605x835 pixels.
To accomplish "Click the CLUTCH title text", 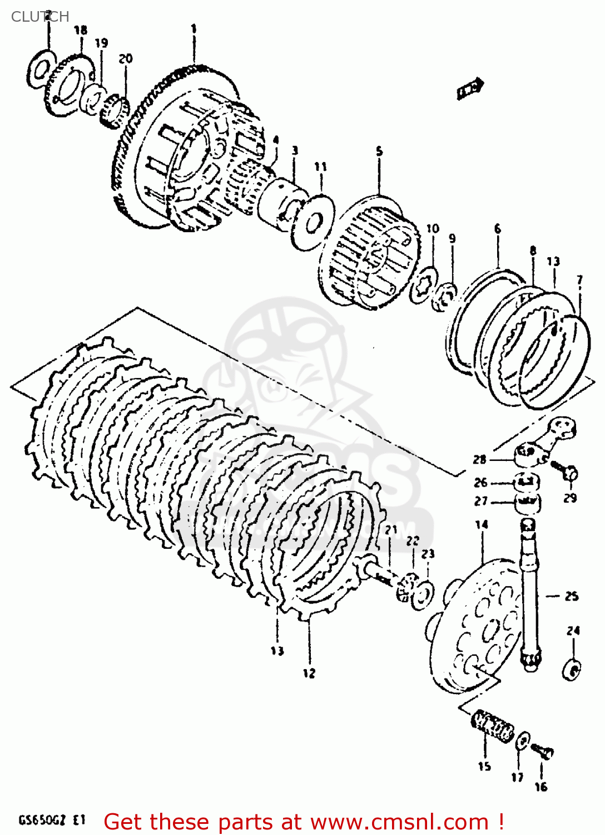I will (40, 17).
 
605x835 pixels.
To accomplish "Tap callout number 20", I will (126, 58).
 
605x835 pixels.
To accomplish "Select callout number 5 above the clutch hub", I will (379, 151).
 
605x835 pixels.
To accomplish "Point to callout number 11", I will (321, 166).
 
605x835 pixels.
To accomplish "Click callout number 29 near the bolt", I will (570, 498).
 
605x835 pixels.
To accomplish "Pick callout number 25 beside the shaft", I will (572, 596).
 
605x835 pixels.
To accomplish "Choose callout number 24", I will (573, 631).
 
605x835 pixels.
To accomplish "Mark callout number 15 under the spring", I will (484, 767).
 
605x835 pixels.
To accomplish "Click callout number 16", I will (541, 787).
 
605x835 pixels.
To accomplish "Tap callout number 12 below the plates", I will (309, 673).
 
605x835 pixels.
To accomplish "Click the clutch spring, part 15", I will (493, 726).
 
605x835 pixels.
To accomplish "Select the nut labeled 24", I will (573, 669).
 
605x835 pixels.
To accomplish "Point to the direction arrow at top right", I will (470, 89).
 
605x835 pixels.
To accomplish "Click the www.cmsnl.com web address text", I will (399, 822).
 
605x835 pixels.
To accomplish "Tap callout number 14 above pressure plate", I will (482, 524).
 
